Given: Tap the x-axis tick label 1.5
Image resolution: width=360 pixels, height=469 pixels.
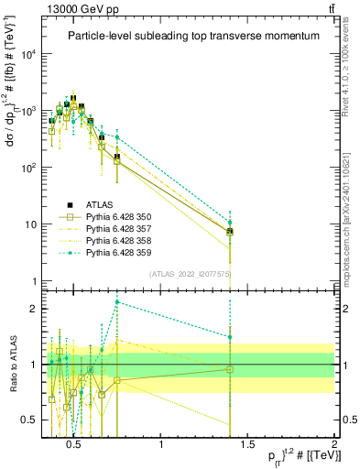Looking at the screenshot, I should pos(247,445).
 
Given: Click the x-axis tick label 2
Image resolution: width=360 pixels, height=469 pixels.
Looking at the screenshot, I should pos(334,445).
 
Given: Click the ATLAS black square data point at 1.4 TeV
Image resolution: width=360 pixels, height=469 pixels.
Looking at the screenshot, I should pos(230,231).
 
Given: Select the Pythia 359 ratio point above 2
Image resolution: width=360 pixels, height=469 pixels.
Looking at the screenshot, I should pos(117,301).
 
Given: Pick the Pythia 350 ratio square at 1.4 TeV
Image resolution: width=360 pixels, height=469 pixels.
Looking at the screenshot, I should pos(230,369).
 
